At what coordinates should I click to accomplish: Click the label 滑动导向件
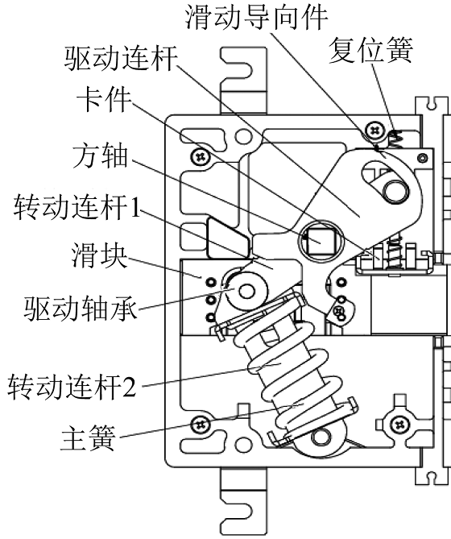[257, 16]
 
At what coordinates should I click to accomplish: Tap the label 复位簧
[371, 50]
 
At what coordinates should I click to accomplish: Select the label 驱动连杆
[121, 59]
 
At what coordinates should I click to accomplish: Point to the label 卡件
[104, 100]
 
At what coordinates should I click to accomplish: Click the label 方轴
[101, 156]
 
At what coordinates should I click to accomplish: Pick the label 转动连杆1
[77, 206]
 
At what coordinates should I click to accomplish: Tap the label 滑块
[99, 255]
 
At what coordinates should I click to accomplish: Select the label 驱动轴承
[81, 309]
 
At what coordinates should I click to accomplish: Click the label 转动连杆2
[72, 387]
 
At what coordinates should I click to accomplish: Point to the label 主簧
[88, 437]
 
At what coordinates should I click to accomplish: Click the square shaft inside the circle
[321, 241]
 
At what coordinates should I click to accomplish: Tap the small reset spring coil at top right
[395, 139]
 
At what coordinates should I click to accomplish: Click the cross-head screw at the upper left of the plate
[201, 157]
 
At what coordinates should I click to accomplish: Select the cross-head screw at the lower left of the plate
[201, 425]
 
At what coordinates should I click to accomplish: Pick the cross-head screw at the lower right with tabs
[399, 425]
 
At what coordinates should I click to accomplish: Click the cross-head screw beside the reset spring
[374, 131]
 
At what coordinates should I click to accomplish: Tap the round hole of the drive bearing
[246, 292]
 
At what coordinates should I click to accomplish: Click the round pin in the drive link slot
[395, 190]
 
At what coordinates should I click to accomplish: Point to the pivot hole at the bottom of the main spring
[321, 437]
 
